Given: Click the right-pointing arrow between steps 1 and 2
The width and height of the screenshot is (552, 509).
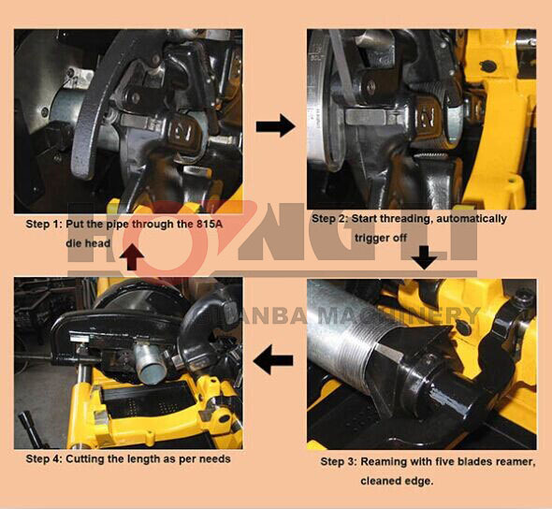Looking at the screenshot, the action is pyautogui.click(x=275, y=126).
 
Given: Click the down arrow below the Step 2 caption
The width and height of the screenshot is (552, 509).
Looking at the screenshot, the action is pyautogui.click(x=425, y=257).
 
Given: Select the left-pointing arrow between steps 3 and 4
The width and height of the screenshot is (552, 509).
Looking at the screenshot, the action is pyautogui.click(x=273, y=359).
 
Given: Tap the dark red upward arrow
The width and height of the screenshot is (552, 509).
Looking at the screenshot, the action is pyautogui.click(x=132, y=256).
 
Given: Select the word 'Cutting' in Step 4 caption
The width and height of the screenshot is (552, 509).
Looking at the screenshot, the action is pyautogui.click(x=83, y=459).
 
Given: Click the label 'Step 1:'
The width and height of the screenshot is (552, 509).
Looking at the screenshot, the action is pyautogui.click(x=44, y=225).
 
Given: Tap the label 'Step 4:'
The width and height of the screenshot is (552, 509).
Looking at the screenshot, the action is pyautogui.click(x=44, y=459).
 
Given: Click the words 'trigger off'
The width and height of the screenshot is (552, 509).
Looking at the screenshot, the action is pyautogui.click(x=381, y=238).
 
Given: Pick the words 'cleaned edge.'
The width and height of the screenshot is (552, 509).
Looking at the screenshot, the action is pyautogui.click(x=397, y=481).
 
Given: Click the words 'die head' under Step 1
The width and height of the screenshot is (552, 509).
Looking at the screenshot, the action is pyautogui.click(x=88, y=243).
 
